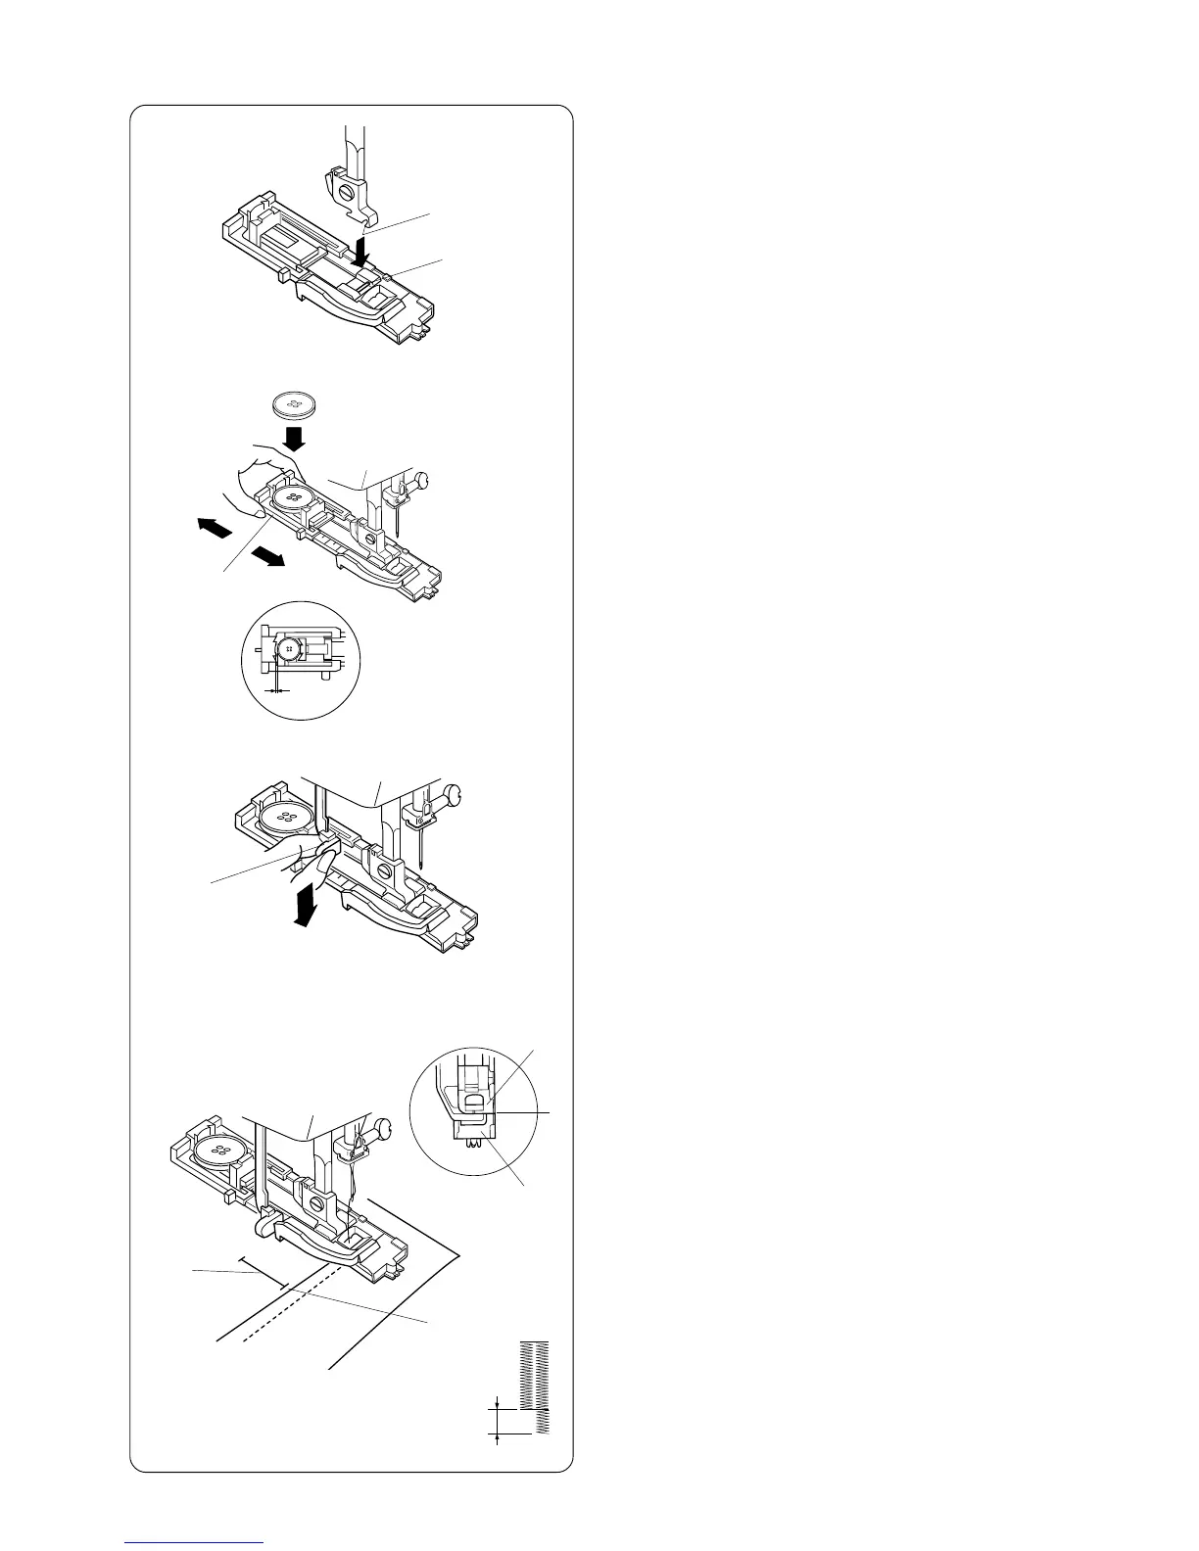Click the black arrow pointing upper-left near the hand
213,529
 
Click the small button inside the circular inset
289,647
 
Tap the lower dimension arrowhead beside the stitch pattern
499,1435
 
